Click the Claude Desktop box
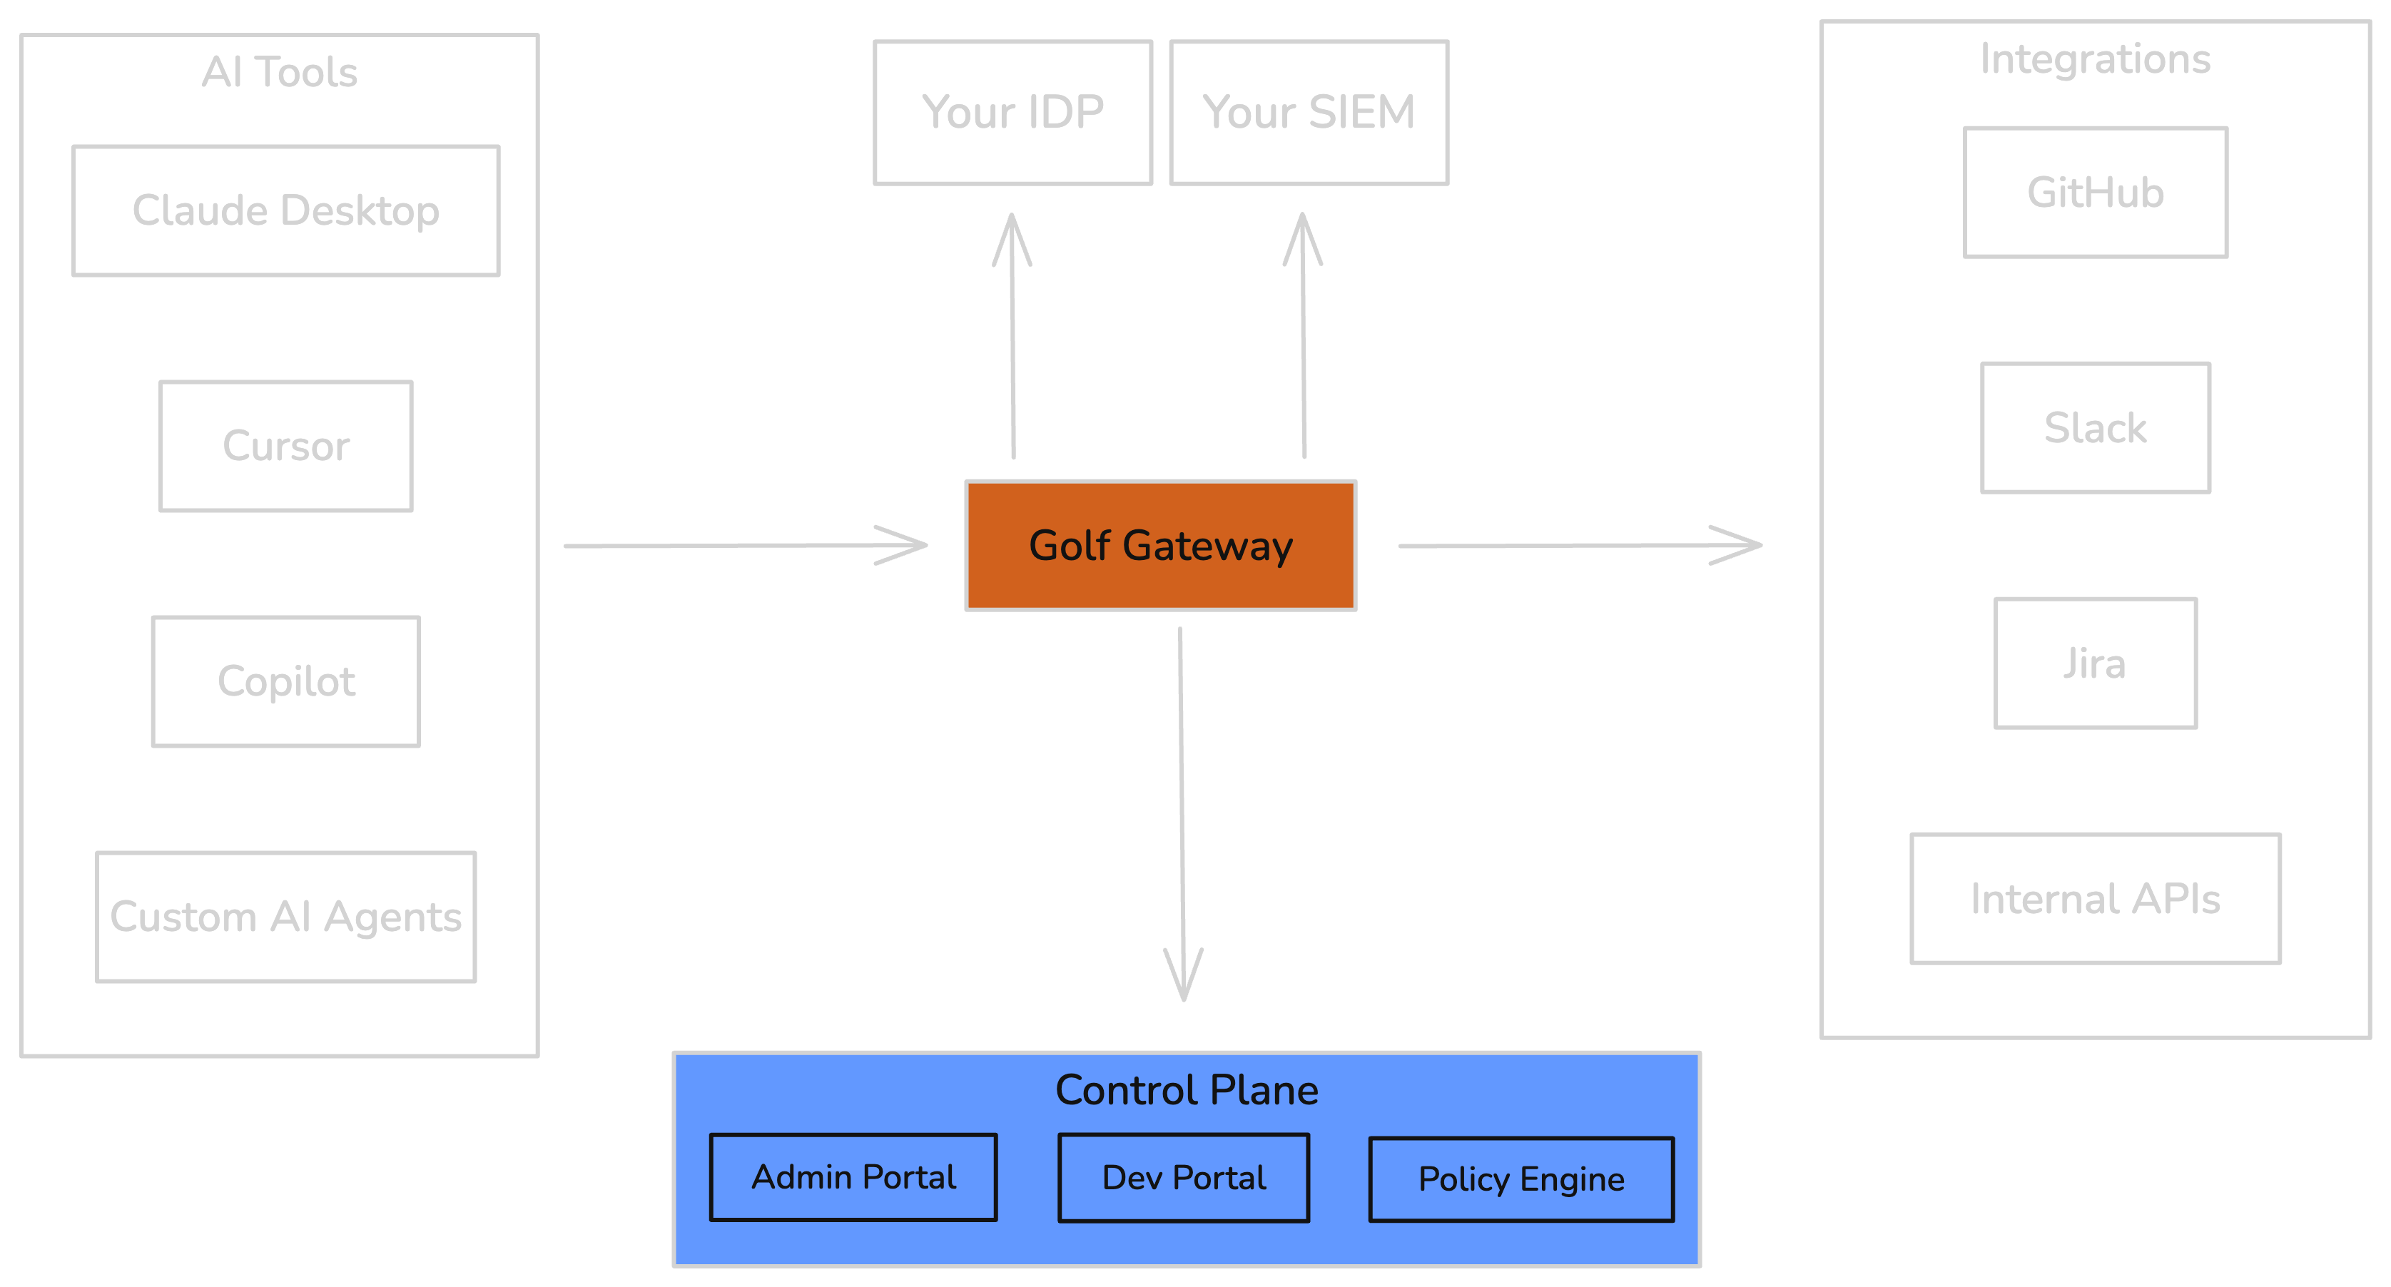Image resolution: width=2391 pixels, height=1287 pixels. pyautogui.click(x=286, y=210)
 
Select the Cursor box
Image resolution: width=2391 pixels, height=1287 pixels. pyautogui.click(x=286, y=447)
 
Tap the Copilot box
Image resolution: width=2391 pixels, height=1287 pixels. pyautogui.click(x=286, y=681)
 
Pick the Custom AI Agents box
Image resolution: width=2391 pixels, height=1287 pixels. pyautogui.click(x=286, y=917)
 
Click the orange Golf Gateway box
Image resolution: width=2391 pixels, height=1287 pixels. pyautogui.click(x=1160, y=546)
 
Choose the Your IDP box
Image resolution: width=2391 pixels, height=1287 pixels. pyautogui.click(x=1012, y=112)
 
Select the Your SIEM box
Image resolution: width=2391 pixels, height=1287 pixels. pyautogui.click(x=1309, y=112)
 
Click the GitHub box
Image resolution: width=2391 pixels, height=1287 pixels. pyautogui.click(x=2095, y=192)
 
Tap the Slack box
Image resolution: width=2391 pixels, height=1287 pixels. pyautogui.click(x=2095, y=428)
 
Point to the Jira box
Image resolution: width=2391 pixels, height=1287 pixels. pyautogui.click(x=2095, y=663)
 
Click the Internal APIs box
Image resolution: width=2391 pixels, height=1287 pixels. pyautogui.click(x=2095, y=898)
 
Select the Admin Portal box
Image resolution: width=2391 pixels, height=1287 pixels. pyautogui.click(x=853, y=1176)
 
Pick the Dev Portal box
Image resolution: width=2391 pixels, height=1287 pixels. pyautogui.click(x=1184, y=1178)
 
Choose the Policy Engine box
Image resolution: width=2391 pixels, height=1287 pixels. pyautogui.click(x=1521, y=1179)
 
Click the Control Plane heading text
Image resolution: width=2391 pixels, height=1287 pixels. pyautogui.click(x=1186, y=1089)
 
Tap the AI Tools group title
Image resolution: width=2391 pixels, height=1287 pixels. pyautogui.click(x=280, y=71)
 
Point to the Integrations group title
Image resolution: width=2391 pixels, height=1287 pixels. pyautogui.click(x=2095, y=58)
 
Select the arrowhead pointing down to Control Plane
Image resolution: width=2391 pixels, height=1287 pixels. pyautogui.click(x=1184, y=980)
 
